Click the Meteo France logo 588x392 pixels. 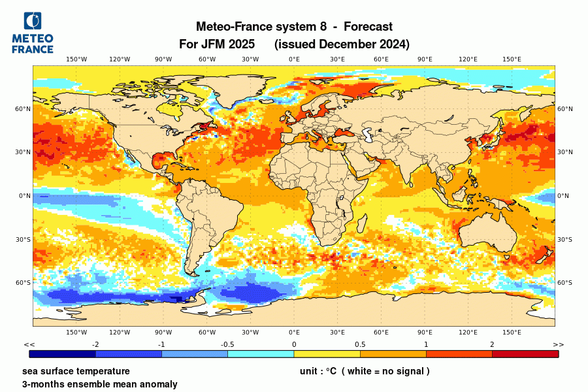point(33,33)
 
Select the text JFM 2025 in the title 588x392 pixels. point(227,44)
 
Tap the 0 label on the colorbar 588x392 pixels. point(294,344)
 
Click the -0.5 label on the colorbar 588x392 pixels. point(227,344)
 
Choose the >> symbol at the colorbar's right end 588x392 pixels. point(558,344)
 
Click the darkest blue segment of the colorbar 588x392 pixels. point(63,353)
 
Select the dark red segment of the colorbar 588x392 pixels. point(525,353)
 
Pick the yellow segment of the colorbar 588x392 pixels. point(327,353)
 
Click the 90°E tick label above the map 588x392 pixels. point(425,59)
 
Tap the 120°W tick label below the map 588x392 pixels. point(120,333)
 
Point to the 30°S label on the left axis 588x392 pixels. point(24,239)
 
